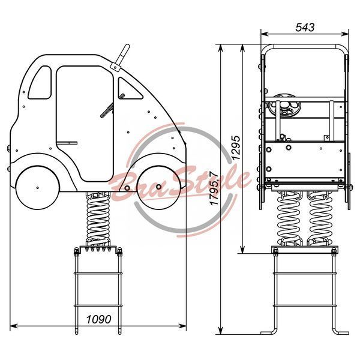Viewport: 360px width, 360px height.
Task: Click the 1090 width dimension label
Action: pos(98,319)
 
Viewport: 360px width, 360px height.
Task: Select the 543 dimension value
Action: pos(305,28)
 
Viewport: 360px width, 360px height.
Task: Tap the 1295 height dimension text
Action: pos(236,148)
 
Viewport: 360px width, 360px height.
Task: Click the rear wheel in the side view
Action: pos(38,187)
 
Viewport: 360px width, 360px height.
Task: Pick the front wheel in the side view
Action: pos(158,187)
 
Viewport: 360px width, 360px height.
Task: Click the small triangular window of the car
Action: pos(129,89)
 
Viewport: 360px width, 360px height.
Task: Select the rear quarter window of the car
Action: pos(40,82)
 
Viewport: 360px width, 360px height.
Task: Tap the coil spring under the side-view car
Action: pos(98,219)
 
